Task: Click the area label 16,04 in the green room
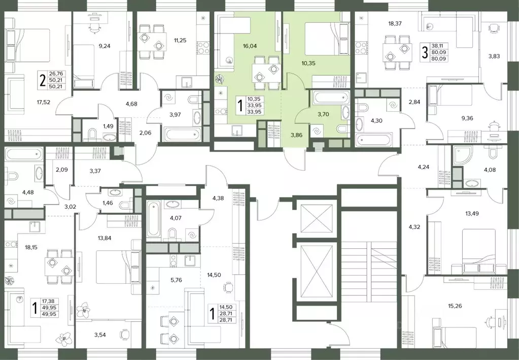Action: click(x=250, y=46)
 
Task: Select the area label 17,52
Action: click(x=43, y=103)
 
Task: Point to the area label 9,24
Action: click(x=105, y=46)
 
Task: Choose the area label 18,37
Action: click(x=397, y=23)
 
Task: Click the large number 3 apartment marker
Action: click(x=425, y=53)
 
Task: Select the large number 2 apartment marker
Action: click(x=43, y=80)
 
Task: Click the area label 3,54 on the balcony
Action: click(x=100, y=335)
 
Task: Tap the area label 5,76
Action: click(x=176, y=280)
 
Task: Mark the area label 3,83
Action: click(x=494, y=56)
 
